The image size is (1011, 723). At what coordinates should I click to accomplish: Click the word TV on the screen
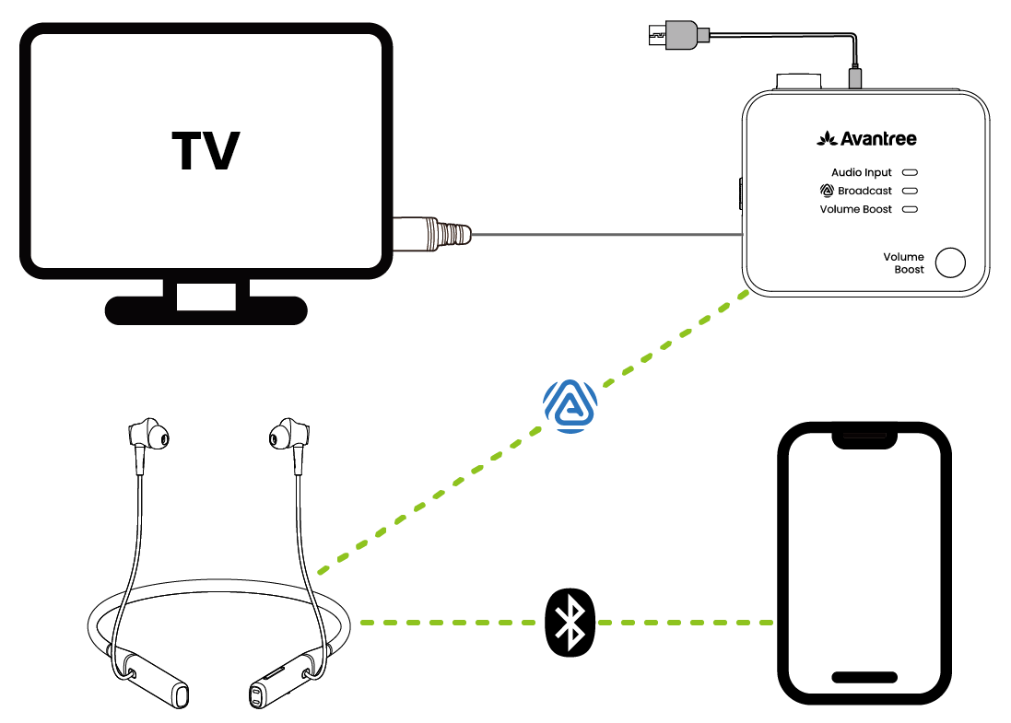pos(206,151)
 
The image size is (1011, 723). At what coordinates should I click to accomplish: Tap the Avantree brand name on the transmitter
pos(867,139)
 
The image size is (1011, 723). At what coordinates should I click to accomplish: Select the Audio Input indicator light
pos(910,172)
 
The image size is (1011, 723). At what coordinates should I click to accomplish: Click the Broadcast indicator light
pos(910,191)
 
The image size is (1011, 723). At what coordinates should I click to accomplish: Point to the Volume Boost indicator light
pos(910,210)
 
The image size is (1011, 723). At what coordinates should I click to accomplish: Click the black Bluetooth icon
pos(571,623)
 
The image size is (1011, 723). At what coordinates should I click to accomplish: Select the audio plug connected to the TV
pos(433,234)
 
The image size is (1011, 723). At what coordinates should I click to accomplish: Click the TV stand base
pos(206,309)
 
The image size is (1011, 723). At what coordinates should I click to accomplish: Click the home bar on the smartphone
pos(864,677)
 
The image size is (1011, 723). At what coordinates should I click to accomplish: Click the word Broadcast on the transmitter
pos(864,192)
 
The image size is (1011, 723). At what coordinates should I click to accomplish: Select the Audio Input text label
pos(862,172)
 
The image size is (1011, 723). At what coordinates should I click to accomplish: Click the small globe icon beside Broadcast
pos(826,191)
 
